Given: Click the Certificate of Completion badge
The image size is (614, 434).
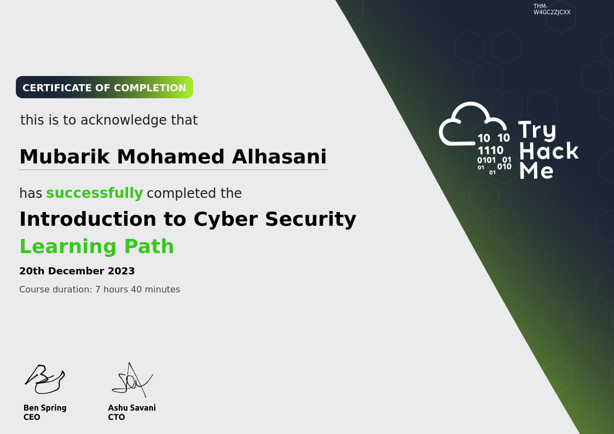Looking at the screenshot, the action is coord(105,87).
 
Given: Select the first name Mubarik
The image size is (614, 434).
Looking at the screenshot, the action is coord(65,156).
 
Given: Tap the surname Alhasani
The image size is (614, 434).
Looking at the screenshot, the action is coord(279,156).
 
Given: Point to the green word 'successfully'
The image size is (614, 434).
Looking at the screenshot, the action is coord(94,193).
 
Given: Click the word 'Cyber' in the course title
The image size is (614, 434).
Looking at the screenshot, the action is coord(226,219).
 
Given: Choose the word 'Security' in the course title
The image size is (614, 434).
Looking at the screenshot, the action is coord(310,219).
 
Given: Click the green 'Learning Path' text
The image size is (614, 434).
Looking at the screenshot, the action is coord(97,247).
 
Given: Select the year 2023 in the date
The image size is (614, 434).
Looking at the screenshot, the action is coord(121,271).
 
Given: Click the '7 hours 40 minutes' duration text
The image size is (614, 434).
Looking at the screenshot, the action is coord(137,289).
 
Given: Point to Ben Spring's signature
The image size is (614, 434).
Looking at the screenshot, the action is coord(45,379).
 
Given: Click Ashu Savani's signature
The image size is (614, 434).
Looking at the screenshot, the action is coord(132,380).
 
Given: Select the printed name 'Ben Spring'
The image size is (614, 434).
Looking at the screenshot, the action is coord(45,408).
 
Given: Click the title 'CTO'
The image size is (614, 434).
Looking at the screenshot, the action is coord(117,417).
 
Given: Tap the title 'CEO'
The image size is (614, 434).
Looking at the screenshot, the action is coord(32,417).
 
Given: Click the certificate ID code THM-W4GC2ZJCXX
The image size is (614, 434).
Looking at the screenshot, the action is coord(552,9).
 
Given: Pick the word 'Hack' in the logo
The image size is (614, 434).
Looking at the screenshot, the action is coord(549,151).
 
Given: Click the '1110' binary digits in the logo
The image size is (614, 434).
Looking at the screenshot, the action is coord(490,150).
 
